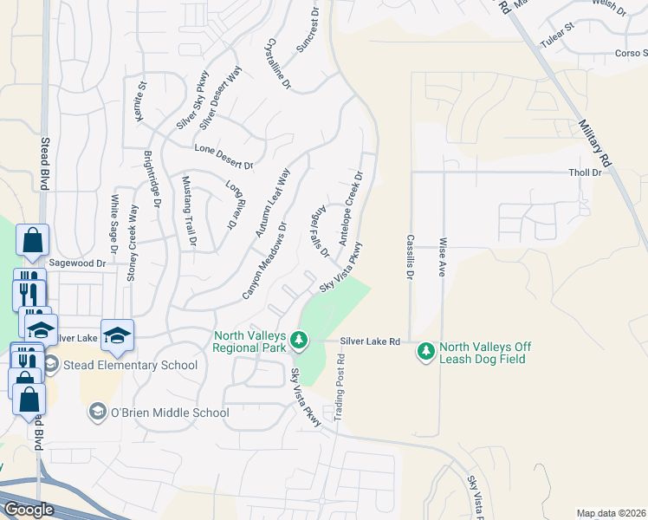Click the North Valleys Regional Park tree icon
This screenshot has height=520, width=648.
coord(299,340)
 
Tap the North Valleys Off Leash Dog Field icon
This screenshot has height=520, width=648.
coord(425,352)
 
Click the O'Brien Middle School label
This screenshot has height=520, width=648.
coord(170,413)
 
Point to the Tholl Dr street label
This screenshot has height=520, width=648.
coord(585,172)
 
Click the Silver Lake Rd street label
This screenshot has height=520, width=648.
coord(370,342)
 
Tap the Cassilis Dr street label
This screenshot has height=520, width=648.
coord(410,257)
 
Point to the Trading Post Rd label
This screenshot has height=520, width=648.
coord(341,381)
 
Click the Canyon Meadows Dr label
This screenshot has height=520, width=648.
coord(265,261)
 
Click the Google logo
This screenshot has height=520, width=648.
coord(29,509)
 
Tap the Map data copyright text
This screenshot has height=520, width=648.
coord(611,513)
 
